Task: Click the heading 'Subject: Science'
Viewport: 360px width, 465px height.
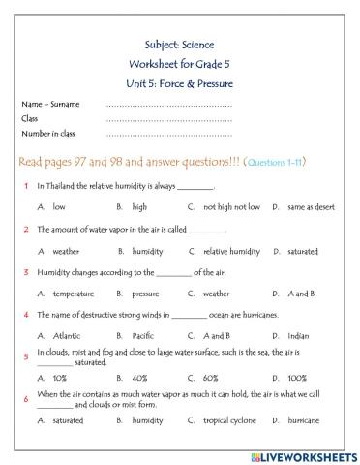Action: tap(179, 45)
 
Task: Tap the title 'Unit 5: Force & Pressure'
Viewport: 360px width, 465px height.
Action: tap(179, 83)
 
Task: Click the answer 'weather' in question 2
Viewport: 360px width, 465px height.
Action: tap(66, 251)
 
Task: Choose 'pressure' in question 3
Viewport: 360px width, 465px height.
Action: tap(144, 293)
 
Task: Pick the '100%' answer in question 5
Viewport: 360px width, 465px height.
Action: tap(297, 378)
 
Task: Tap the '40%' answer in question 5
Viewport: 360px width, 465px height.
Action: tap(139, 378)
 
